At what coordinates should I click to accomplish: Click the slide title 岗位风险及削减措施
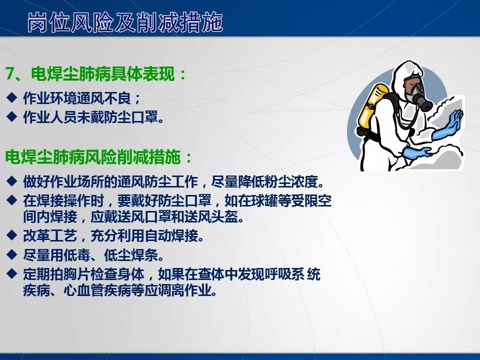coord(125,22)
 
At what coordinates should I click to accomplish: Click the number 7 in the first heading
coord(9,74)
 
